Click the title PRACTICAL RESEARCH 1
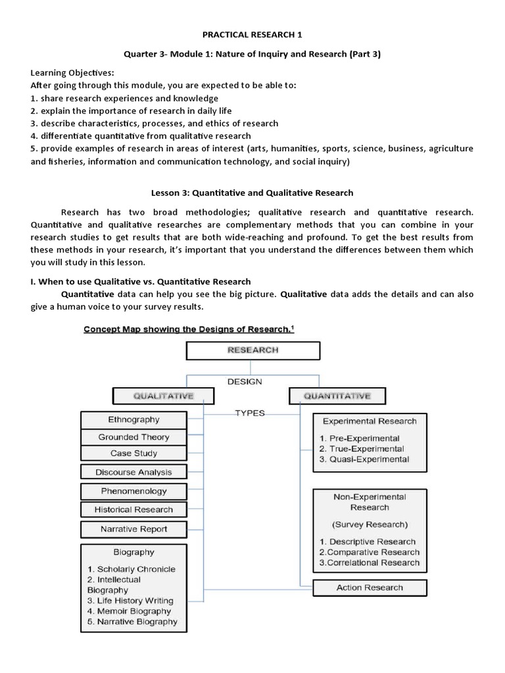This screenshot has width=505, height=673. click(x=252, y=34)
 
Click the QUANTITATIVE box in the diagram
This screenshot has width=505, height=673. click(x=337, y=396)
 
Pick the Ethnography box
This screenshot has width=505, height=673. click(x=134, y=419)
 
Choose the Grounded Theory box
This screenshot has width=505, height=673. click(x=134, y=437)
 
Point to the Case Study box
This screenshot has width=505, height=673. click(x=134, y=453)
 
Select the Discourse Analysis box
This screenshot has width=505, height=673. click(x=134, y=472)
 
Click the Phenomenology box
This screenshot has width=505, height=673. click(x=134, y=491)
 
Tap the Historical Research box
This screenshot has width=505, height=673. click(x=134, y=509)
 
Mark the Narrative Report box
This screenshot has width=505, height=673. click(x=134, y=529)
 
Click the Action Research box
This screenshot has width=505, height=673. click(x=370, y=588)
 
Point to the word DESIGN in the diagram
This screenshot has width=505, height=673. click(x=245, y=381)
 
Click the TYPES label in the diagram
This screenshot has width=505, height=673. click(x=250, y=413)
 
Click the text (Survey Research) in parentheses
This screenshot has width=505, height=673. click(x=370, y=524)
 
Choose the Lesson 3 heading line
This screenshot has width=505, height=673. click(x=252, y=193)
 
